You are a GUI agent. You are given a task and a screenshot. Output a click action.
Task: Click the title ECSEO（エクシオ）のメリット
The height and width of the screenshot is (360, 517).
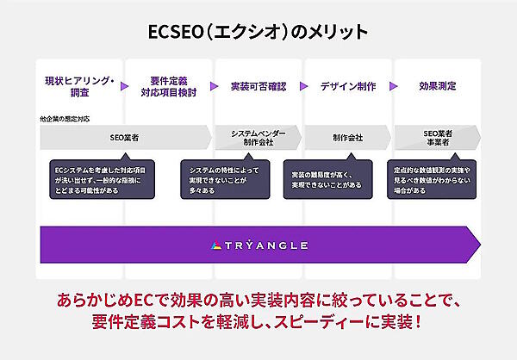(x=258, y=32)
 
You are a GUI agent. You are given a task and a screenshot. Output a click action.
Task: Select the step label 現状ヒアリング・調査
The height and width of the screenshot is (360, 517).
(x=79, y=87)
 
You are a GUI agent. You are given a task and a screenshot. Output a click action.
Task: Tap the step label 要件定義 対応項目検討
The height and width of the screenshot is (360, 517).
(x=169, y=87)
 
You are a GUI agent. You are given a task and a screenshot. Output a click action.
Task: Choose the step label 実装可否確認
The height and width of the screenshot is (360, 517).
(x=258, y=87)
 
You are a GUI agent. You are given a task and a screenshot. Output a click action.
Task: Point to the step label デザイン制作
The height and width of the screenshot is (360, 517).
(x=347, y=87)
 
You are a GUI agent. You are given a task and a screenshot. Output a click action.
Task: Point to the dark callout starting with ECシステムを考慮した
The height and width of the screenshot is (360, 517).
(x=100, y=176)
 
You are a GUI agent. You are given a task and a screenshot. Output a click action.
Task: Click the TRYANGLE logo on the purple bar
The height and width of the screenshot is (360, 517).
(x=258, y=245)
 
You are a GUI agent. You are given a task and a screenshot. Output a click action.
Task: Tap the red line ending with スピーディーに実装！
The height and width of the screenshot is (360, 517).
(x=258, y=325)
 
